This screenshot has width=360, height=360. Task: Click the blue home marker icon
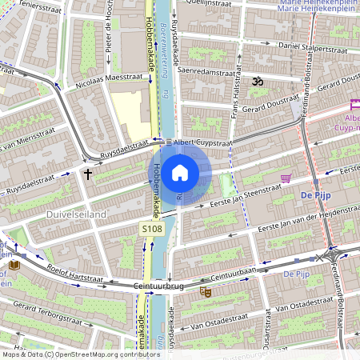[180, 172]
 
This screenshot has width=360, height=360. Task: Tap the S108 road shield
[153, 230]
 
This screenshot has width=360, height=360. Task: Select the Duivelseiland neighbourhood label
[54, 214]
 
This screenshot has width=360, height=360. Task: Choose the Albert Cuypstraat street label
[203, 142]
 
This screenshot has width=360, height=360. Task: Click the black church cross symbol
[88, 172]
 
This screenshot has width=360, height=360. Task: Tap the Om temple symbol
[257, 81]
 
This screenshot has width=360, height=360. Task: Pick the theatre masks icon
[205, 293]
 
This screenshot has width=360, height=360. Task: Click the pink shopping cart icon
[286, 178]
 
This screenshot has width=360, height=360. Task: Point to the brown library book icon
[14, 265]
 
